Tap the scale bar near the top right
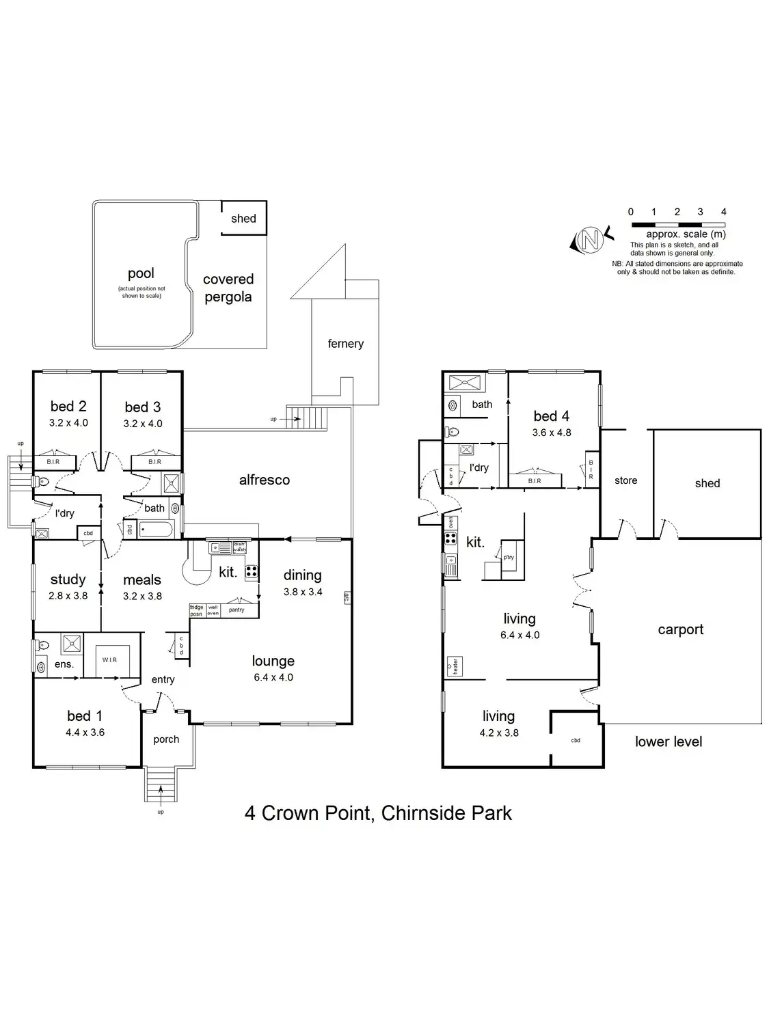click(x=677, y=224)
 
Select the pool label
click(x=141, y=273)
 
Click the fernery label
click(x=345, y=344)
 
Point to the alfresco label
click(x=265, y=480)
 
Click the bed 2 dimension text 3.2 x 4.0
click(x=68, y=423)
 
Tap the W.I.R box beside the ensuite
click(x=109, y=660)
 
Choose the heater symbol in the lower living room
click(x=453, y=666)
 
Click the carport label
click(x=680, y=629)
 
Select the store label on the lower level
click(x=625, y=480)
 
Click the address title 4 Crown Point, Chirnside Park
click(x=378, y=813)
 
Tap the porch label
click(x=166, y=739)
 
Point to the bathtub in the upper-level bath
click(x=157, y=529)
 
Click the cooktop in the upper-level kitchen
click(x=252, y=572)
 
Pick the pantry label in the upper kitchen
click(x=237, y=610)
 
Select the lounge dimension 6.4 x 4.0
click(x=273, y=677)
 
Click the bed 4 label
click(x=551, y=416)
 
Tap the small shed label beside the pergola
click(x=243, y=219)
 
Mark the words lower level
click(x=669, y=741)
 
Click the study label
click(x=68, y=579)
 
